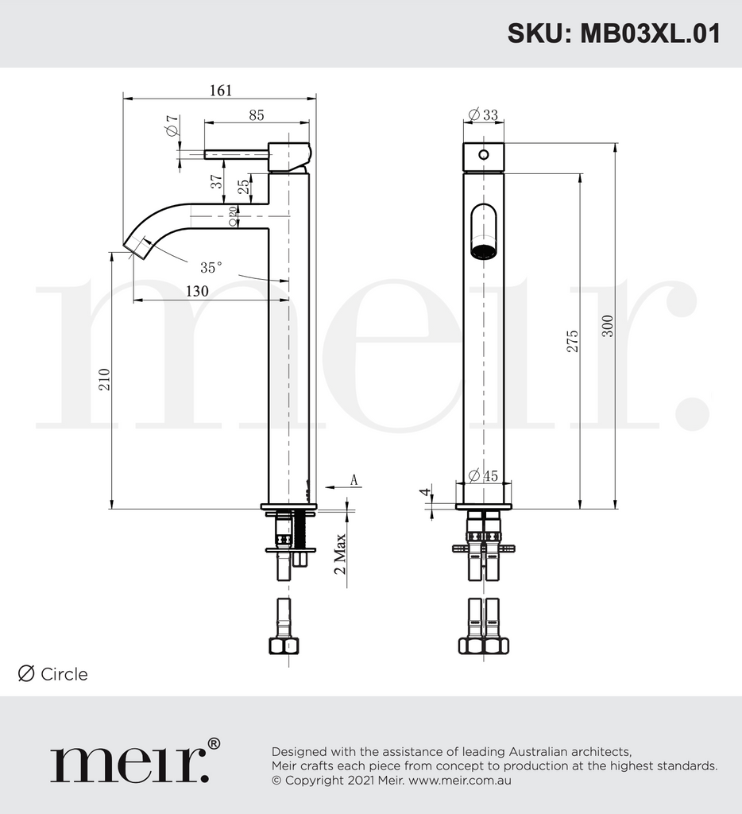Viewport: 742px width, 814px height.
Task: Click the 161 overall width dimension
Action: click(x=220, y=90)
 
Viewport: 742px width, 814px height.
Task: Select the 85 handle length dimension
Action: click(x=256, y=114)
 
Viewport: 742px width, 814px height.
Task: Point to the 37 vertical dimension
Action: click(x=217, y=182)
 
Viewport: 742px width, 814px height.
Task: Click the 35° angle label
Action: click(x=211, y=268)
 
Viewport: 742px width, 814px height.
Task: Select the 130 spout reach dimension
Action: click(x=197, y=291)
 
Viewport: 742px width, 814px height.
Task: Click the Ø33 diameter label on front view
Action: click(x=483, y=114)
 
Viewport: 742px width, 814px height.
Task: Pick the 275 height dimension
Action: click(x=573, y=340)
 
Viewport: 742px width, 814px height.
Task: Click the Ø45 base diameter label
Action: click(x=483, y=475)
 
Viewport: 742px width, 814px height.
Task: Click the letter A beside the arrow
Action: click(x=355, y=479)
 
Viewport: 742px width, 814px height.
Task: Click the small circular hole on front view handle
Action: click(x=483, y=153)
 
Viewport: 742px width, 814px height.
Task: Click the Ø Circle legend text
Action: click(x=53, y=674)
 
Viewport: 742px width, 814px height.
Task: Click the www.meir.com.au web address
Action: click(x=460, y=780)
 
